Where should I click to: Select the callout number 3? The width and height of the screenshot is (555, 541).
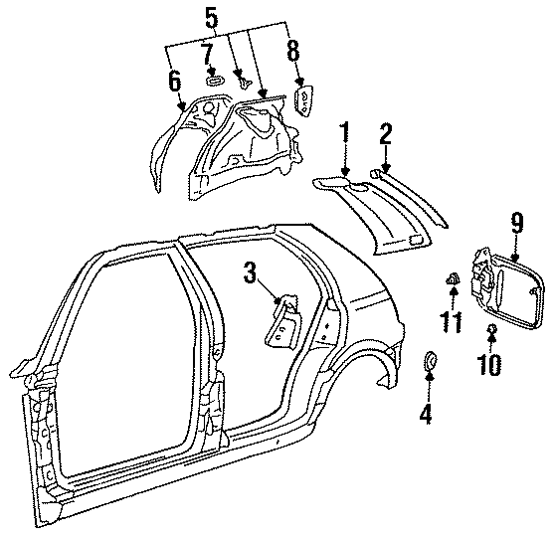(252, 271)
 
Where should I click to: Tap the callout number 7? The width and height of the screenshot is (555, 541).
(208, 52)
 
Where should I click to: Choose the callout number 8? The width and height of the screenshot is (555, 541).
(291, 51)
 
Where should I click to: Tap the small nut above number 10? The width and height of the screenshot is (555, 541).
(490, 329)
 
